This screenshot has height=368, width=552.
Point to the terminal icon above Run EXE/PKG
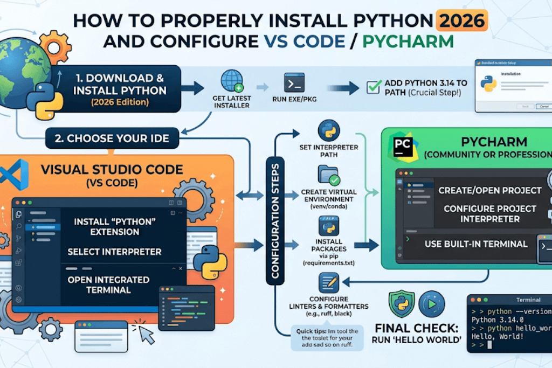(x=294, y=83)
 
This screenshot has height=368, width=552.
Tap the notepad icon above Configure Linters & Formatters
(x=328, y=283)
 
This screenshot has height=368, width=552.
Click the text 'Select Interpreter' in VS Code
(x=114, y=252)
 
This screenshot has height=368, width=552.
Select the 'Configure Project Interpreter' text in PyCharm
(x=489, y=214)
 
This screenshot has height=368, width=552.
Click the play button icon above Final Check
(x=431, y=304)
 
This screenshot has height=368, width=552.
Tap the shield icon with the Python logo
(x=402, y=304)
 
